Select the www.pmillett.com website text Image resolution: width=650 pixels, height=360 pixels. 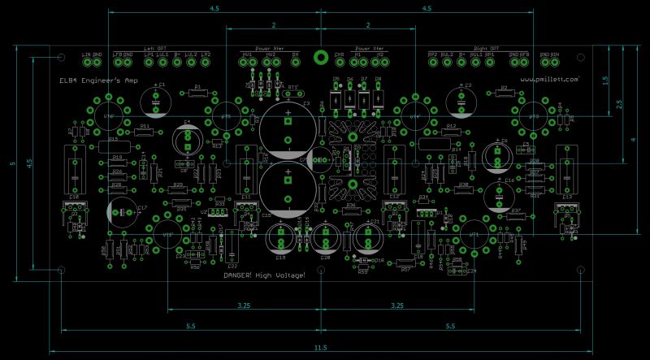tap(549, 80)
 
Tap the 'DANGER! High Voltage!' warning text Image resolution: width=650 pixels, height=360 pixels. tap(265, 276)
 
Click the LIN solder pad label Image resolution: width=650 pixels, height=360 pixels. tap(86, 54)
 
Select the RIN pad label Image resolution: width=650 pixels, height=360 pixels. tap(555, 54)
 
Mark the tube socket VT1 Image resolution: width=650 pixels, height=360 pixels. tap(474, 233)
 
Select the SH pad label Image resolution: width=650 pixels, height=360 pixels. tap(295, 54)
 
